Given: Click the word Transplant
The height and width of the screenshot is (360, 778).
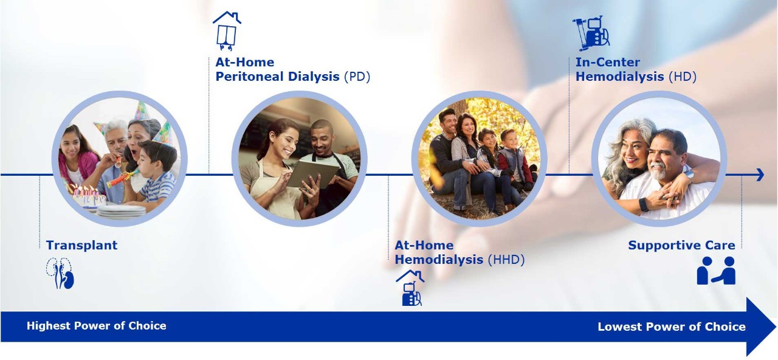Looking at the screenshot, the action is pos(81,245).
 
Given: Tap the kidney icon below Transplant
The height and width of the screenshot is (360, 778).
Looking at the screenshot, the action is pos(60,273).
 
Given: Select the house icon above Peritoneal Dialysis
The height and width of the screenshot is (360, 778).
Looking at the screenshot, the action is pos(227,31).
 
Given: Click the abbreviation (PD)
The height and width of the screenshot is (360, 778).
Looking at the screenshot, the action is pos(357,77).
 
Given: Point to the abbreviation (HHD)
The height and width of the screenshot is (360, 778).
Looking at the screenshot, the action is pos(506,260).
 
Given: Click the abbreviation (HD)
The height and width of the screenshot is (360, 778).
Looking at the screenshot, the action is pos(683,77).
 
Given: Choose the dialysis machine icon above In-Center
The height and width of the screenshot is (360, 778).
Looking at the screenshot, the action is pos(591,33).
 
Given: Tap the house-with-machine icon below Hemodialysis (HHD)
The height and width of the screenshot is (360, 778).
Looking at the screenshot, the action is pos(410,288).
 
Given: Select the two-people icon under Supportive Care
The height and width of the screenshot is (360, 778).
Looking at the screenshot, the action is pos(716,271).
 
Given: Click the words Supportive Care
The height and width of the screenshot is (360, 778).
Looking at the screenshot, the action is pos(681,245).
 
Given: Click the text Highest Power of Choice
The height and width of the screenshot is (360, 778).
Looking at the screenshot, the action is pos(97,326).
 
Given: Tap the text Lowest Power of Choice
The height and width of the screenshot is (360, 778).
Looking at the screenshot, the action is pos(672,327).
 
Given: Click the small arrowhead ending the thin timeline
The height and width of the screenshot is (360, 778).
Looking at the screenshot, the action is pos(760,175).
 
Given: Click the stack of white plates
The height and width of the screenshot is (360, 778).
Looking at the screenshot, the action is pos(121,211).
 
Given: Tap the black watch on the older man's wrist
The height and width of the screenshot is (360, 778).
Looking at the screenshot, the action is pos(644,205).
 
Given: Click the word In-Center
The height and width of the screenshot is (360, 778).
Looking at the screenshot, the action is pos(607,62).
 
